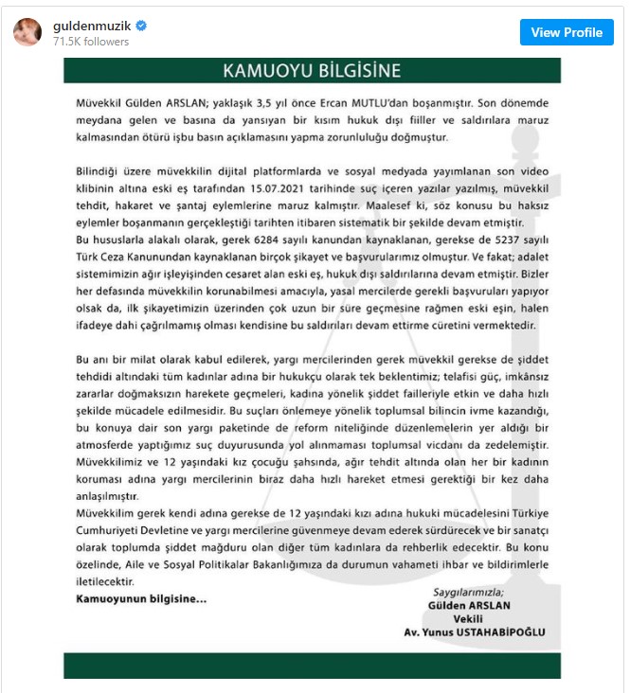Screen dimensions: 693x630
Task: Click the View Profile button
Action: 567,32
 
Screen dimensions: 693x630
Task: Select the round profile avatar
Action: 27,32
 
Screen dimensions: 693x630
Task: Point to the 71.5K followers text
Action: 91,42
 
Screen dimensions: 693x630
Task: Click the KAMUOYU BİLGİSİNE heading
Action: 311,71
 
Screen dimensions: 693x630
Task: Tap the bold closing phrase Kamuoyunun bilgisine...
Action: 140,598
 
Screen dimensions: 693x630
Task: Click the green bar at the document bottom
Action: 312,665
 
